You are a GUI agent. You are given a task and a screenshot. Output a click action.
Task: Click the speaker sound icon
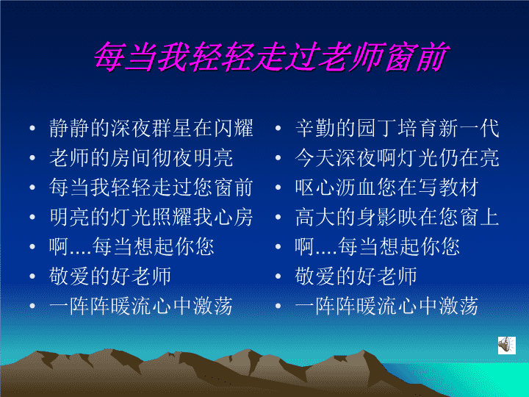click(x=507, y=345)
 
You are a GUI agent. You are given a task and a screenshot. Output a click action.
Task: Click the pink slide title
click(x=271, y=57)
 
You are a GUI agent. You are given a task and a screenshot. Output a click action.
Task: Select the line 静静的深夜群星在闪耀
click(x=151, y=128)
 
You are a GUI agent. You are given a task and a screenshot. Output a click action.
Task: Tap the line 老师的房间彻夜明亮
click(x=141, y=157)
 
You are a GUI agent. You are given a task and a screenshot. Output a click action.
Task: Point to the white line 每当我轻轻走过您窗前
click(x=151, y=187)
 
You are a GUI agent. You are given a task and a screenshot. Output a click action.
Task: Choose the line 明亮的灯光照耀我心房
click(x=151, y=217)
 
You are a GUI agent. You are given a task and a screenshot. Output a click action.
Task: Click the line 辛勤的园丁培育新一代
click(x=397, y=128)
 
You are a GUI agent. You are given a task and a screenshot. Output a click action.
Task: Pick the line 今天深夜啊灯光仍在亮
click(x=397, y=157)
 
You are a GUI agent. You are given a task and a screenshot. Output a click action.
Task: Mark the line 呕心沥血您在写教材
click(x=387, y=187)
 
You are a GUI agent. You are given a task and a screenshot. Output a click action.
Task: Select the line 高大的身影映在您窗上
click(x=397, y=217)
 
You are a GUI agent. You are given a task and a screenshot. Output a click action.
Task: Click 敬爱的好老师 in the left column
click(x=110, y=276)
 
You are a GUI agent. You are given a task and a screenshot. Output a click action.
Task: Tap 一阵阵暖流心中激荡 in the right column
click(x=387, y=306)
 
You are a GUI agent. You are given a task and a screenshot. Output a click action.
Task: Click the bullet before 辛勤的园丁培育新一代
click(x=278, y=128)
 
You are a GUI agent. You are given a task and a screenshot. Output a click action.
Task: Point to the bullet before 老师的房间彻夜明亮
click(x=32, y=157)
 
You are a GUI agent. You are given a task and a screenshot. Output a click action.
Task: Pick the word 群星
click(x=172, y=128)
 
